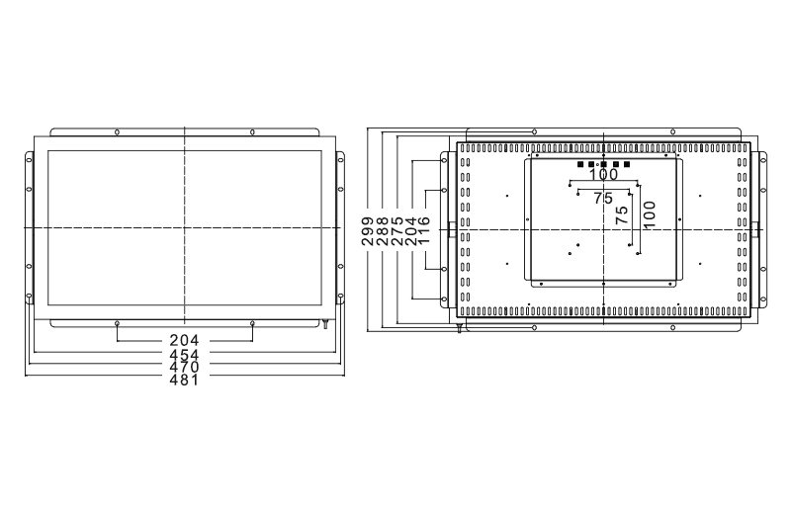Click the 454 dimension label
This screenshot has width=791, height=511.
tap(184, 354)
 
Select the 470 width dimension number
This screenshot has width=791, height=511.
tap(184, 367)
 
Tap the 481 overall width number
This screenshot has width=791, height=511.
tap(184, 380)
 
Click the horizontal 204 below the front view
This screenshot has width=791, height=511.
tap(184, 341)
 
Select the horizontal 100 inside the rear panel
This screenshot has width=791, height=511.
tap(603, 175)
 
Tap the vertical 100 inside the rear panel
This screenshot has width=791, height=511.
tap(650, 216)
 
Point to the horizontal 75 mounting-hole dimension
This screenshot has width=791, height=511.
tap(603, 199)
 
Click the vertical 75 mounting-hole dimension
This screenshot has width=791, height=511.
tap(622, 216)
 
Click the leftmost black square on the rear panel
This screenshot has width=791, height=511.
tap(580, 164)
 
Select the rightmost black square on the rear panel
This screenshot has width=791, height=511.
tap(627, 164)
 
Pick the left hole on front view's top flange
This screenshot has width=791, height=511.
tap(118, 130)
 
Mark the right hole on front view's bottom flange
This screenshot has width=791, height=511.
tap(252, 323)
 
